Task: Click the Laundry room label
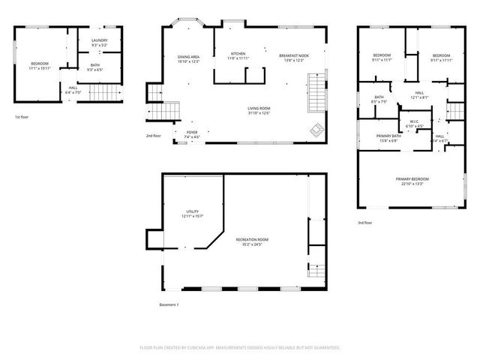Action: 99,40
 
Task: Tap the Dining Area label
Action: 188,57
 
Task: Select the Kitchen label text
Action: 238,54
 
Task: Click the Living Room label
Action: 259,109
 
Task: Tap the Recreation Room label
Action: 252,239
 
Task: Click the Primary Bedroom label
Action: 412,178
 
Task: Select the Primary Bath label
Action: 389,136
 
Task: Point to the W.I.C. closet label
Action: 414,121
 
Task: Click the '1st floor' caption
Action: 22,118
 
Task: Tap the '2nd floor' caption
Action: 153,136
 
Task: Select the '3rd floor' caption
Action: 365,223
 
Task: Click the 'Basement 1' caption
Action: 169,304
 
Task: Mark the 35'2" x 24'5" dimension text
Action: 252,244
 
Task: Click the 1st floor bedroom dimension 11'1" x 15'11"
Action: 39,68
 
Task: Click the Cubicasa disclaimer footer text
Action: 240,347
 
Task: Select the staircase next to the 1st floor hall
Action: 100,93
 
